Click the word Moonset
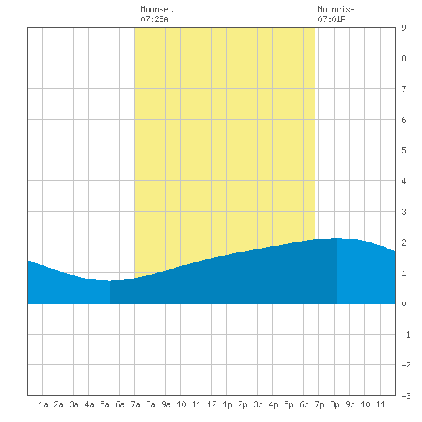pyautogui.click(x=157, y=9)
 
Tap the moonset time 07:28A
pyautogui.click(x=154, y=19)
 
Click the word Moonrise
pyautogui.click(x=336, y=9)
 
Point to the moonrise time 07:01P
pyautogui.click(x=331, y=19)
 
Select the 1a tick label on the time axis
pyautogui.click(x=43, y=404)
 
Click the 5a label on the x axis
pyautogui.click(x=104, y=404)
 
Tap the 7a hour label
pyautogui.click(x=135, y=404)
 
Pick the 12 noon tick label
pyautogui.click(x=212, y=404)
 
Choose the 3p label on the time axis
pyautogui.click(x=258, y=404)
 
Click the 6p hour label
pyautogui.click(x=304, y=404)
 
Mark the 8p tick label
pyautogui.click(x=335, y=404)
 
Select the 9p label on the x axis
pyautogui.click(x=350, y=404)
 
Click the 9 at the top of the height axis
pyautogui.click(x=404, y=28)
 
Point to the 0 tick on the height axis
pyautogui.click(x=404, y=304)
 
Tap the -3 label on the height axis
pyautogui.click(x=406, y=396)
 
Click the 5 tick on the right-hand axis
pyautogui.click(x=404, y=150)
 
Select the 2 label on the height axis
pyautogui.click(x=404, y=242)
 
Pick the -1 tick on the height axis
pyautogui.click(x=406, y=335)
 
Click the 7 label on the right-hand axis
pyautogui.click(x=404, y=89)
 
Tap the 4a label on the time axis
pyautogui.click(x=89, y=404)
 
